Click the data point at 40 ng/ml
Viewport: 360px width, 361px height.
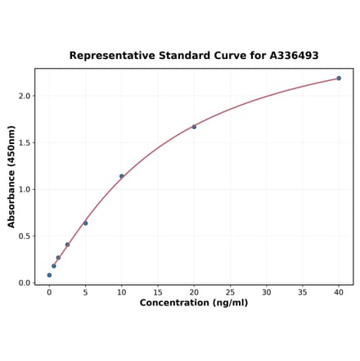pos(339,79)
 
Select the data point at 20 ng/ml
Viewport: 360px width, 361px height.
pos(194,127)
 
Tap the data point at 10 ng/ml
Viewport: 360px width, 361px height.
pos(122,176)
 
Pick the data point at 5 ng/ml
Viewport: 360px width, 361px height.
pos(85,223)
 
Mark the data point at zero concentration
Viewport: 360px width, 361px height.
pos(49,275)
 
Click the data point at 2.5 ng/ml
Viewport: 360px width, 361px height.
pos(67,245)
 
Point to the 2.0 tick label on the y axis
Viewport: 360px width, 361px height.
pos(24,96)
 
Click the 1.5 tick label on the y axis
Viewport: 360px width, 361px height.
pos(24,142)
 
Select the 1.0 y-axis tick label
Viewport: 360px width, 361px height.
pos(24,189)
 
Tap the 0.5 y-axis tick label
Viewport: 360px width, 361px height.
pos(24,237)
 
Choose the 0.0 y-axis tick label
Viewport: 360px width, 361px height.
pos(24,283)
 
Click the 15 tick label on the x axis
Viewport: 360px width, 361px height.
pos(158,292)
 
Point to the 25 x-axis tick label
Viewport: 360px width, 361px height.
pos(230,292)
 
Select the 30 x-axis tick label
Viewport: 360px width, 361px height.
pos(266,292)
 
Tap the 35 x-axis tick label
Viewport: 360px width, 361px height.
pos(303,292)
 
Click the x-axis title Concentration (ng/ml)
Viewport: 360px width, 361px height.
pos(194,303)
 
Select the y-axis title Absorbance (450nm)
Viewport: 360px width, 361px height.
pos(11,176)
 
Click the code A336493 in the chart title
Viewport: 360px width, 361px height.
pos(290,56)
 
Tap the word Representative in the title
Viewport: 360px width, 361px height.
pos(108,56)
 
